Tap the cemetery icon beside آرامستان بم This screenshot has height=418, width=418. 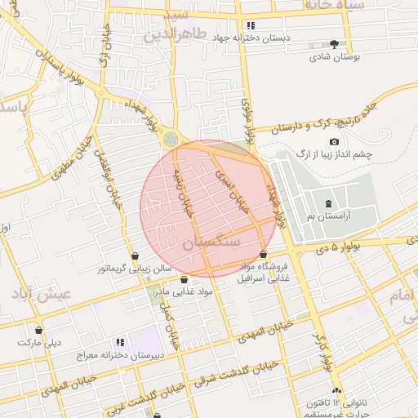(327, 203)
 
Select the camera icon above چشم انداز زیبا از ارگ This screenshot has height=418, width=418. (334, 142)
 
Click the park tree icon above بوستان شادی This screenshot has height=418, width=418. (333, 45)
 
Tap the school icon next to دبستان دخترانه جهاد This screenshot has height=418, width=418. (251, 25)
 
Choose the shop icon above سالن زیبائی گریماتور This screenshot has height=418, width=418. (134, 256)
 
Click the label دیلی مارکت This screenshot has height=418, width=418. (39, 342)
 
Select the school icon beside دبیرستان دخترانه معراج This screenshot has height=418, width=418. (120, 342)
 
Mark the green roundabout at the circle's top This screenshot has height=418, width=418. (169, 140)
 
